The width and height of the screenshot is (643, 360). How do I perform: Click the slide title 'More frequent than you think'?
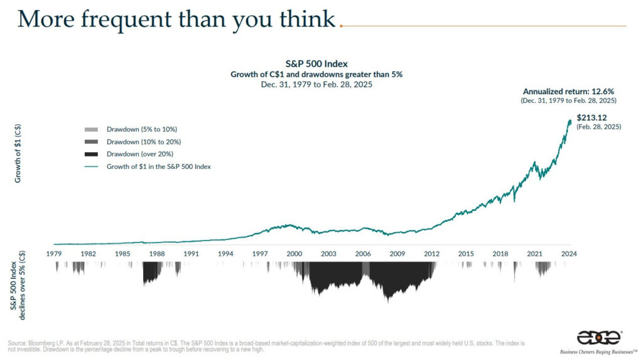pyautogui.click(x=176, y=19)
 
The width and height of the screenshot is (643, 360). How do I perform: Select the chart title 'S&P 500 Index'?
pyautogui.click(x=316, y=63)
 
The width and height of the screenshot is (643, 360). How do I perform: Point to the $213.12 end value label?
pyautogui.click(x=592, y=118)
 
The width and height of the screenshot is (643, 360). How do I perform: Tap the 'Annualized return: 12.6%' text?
pyautogui.click(x=568, y=92)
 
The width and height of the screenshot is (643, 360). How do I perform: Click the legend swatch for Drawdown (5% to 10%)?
pyautogui.click(x=91, y=129)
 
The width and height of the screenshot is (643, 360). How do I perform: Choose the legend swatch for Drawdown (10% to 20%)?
pyautogui.click(x=91, y=142)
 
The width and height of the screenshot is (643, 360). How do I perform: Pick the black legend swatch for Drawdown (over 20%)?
pyautogui.click(x=91, y=155)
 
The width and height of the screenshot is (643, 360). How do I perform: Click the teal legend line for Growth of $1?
pyautogui.click(x=91, y=166)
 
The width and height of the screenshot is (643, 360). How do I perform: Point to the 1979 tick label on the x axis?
pyautogui.click(x=54, y=254)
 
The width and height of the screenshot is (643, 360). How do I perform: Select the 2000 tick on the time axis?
pyautogui.click(x=294, y=254)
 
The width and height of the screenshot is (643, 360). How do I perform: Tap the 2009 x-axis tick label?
pyautogui.click(x=397, y=254)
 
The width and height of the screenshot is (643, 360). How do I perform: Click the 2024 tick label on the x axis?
pyautogui.click(x=569, y=254)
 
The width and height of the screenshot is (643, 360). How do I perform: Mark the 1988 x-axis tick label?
pyautogui.click(x=156, y=254)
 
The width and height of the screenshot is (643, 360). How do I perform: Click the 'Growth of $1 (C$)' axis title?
pyautogui.click(x=18, y=153)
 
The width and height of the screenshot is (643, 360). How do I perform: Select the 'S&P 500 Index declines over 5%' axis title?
pyautogui.click(x=18, y=285)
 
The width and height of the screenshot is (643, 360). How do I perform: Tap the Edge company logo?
pyautogui.click(x=598, y=338)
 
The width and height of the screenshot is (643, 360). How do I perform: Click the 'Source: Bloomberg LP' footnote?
pyautogui.click(x=266, y=346)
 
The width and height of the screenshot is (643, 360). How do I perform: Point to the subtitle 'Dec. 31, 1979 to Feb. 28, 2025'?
pyautogui.click(x=316, y=85)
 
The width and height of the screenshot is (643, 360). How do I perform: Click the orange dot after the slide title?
pyautogui.click(x=341, y=26)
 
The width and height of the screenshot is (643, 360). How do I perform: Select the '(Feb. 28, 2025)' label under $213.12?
pyautogui.click(x=598, y=127)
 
